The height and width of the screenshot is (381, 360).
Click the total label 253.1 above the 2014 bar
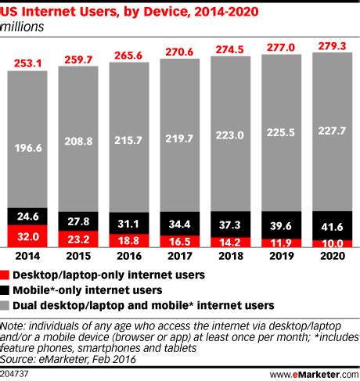(x=27, y=63)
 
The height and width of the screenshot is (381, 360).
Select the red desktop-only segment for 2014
(x=27, y=235)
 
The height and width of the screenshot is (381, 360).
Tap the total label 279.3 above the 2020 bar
(x=332, y=46)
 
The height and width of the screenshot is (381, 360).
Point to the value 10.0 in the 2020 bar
(x=332, y=244)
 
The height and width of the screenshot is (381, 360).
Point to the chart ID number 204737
(x=17, y=373)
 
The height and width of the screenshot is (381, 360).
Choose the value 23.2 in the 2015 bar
(x=78, y=239)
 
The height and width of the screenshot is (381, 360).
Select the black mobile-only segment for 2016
(x=129, y=224)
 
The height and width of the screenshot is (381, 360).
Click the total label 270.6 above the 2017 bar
(x=180, y=52)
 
